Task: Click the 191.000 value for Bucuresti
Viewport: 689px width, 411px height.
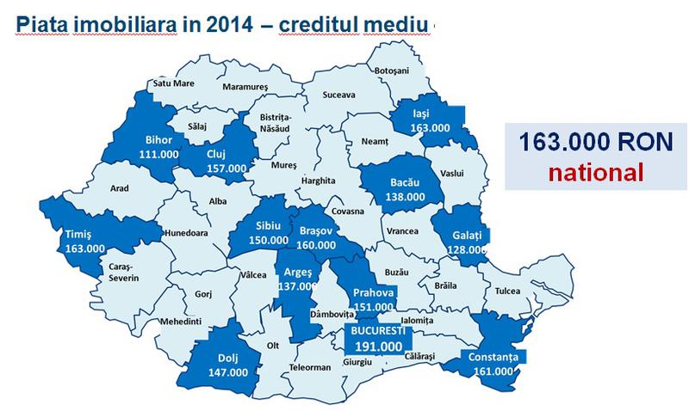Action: pos(373,346)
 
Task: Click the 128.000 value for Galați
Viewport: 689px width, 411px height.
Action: pos(466,248)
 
